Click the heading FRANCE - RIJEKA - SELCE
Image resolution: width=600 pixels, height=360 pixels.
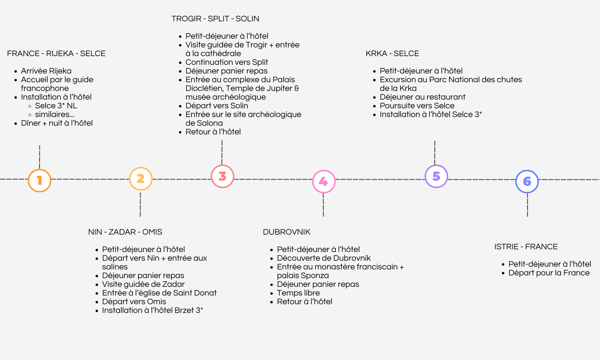click(x=56, y=53)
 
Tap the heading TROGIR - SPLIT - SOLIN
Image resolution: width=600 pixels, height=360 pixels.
click(x=215, y=19)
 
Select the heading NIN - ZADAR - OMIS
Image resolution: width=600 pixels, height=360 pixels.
click(x=125, y=232)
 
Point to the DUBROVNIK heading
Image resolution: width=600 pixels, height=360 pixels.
click(x=286, y=232)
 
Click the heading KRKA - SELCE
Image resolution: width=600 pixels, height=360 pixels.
click(x=392, y=53)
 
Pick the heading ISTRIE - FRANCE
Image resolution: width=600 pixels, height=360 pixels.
click(x=526, y=247)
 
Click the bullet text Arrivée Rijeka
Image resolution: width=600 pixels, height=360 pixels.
click(x=46, y=71)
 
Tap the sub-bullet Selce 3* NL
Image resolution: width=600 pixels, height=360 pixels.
click(x=56, y=106)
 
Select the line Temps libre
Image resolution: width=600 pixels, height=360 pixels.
click(x=298, y=293)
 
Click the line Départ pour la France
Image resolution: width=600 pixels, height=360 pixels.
click(x=549, y=273)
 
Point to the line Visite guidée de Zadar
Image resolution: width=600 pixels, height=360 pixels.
click(x=143, y=284)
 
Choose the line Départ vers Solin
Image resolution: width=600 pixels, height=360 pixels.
click(x=217, y=106)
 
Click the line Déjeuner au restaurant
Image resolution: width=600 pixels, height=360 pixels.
click(x=423, y=97)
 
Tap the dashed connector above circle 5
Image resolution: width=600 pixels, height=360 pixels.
click(x=435, y=152)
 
